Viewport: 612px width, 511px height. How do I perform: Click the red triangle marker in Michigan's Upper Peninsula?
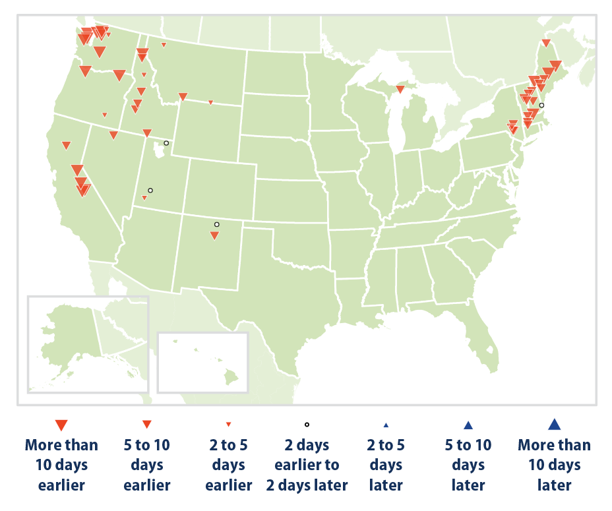coord(400,89)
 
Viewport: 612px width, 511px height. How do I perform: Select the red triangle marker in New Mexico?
coord(214,235)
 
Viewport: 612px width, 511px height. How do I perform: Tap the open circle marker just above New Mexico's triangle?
coord(216,225)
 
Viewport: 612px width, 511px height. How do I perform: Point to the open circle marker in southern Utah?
coord(150,191)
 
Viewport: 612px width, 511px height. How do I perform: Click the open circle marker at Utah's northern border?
coord(166,143)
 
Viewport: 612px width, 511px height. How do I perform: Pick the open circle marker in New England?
coord(541,105)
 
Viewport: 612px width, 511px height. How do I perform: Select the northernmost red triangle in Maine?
coord(546,43)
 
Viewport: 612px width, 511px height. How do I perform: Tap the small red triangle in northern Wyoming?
coord(210,102)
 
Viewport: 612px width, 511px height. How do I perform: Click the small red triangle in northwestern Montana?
coord(164,45)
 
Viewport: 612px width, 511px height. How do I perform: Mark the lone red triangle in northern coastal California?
coord(66,145)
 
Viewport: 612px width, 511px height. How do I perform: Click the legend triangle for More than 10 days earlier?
coord(61,425)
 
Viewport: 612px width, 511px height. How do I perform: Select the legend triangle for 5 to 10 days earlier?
coord(147,425)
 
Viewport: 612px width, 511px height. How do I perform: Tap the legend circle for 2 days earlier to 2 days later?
coord(307,425)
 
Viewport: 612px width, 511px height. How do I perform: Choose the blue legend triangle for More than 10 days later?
coord(554,425)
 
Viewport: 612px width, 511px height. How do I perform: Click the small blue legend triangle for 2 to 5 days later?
coord(386,425)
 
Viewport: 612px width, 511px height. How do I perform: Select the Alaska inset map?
coord(87,344)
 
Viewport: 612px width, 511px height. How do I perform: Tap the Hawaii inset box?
coord(203,363)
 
